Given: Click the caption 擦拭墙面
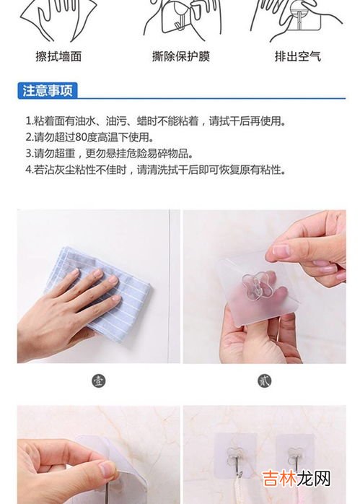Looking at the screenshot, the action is point(58,56).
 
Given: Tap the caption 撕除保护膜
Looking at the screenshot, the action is point(181,56).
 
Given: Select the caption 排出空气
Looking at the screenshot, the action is point(298,56).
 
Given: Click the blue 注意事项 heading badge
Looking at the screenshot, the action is point(48,91).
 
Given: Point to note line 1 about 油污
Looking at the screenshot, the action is point(155,121).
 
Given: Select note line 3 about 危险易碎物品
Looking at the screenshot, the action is point(109,153).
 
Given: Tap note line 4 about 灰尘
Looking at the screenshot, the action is point(155,170).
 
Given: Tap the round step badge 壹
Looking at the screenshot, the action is point(99,381).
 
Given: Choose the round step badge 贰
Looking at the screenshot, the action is point(264,381).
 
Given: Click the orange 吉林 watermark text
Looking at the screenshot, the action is point(278,479).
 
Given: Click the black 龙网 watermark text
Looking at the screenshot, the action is point(313,479).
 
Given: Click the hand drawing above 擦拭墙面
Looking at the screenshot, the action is point(58,20).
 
